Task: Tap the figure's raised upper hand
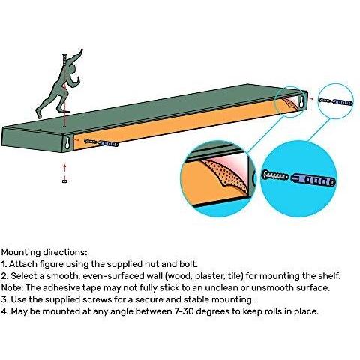[80, 52]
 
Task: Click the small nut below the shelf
[64, 181]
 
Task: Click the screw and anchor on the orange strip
[101, 142]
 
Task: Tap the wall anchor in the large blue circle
[313, 180]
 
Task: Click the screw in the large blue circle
[275, 175]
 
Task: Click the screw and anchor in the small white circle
[335, 101]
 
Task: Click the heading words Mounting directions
[44, 252]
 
